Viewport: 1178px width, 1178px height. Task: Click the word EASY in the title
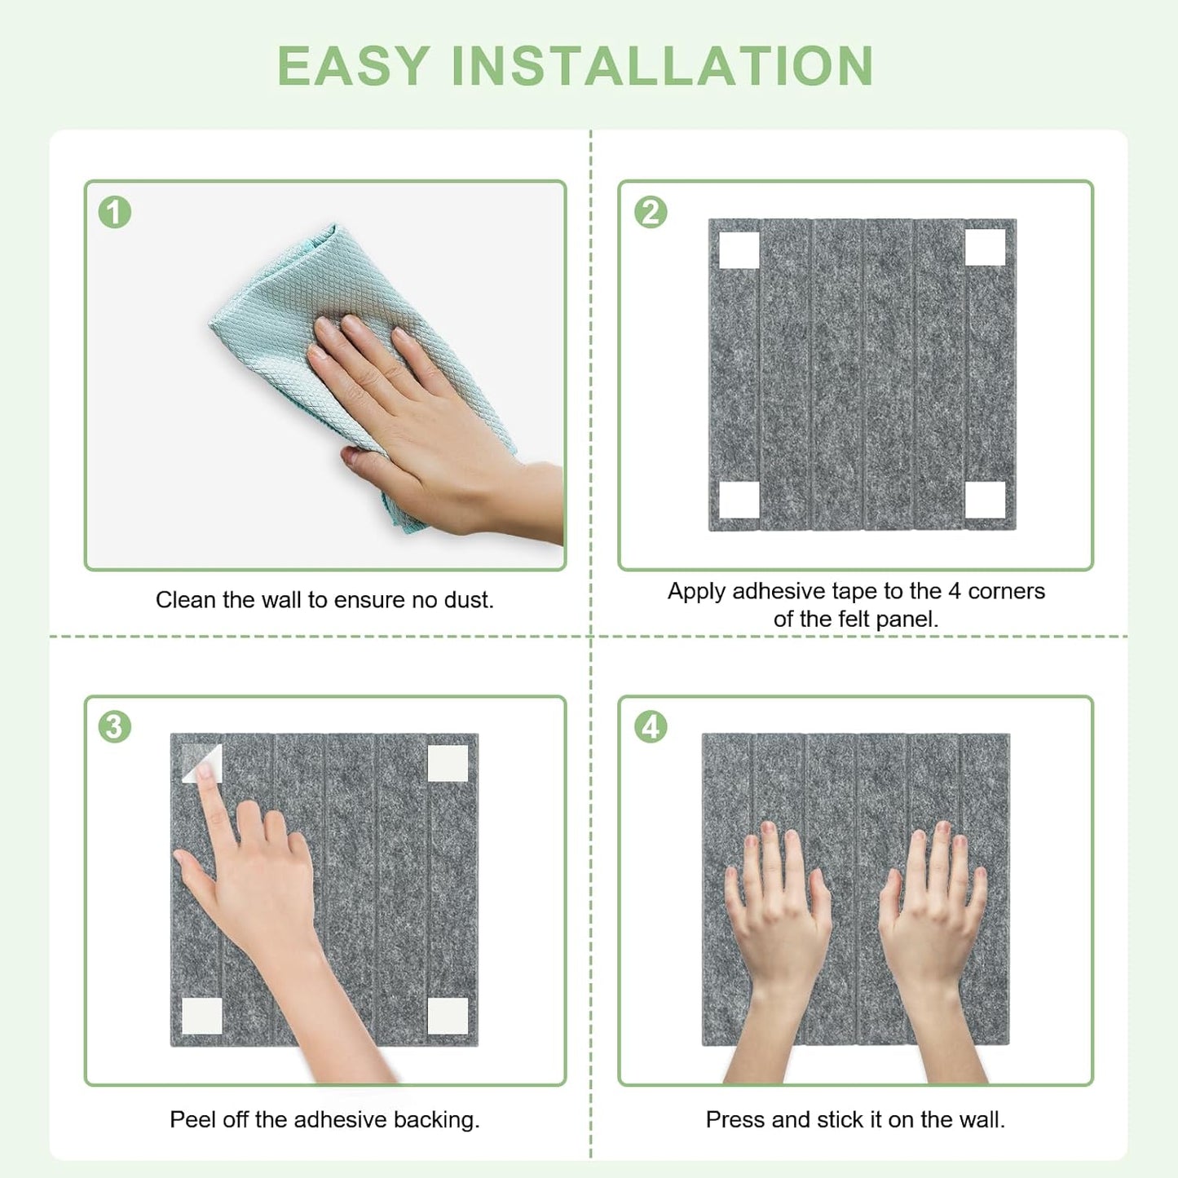353,66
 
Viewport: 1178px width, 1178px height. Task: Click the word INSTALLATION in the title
662,66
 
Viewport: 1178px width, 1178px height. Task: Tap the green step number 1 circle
115,212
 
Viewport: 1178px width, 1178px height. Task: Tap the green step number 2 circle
651,212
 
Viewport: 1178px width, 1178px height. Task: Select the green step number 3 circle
115,726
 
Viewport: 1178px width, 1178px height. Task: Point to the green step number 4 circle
651,726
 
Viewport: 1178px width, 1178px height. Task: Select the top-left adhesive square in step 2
739,249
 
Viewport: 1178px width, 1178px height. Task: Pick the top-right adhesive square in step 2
985,247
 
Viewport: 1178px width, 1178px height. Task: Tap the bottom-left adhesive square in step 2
739,500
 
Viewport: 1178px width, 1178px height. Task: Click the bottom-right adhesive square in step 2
985,500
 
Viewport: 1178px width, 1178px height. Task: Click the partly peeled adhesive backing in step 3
201,762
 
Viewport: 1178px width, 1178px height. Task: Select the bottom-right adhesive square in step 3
448,1015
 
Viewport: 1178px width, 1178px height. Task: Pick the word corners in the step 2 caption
1006,591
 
